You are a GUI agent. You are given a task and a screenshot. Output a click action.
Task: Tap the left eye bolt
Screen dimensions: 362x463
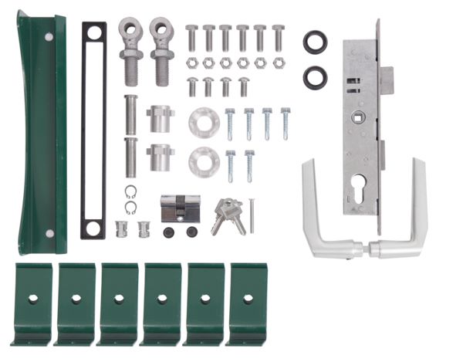coord(132,50)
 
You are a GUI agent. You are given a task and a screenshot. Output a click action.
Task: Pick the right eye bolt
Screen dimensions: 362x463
coord(161,50)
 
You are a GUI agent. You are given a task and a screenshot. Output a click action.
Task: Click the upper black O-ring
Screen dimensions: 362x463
coord(315,42)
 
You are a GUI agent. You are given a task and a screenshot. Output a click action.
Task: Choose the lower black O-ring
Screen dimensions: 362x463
coord(315,76)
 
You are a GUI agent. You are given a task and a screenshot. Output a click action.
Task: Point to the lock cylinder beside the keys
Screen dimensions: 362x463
coord(180,208)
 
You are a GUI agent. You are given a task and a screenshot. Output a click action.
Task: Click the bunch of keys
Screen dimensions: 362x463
coord(228,214)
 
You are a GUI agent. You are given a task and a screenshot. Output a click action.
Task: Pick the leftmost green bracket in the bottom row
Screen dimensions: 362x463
coord(32,303)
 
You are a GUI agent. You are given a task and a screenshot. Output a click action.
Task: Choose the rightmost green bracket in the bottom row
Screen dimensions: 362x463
coord(248,303)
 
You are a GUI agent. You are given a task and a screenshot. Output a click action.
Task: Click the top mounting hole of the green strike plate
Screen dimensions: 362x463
coord(49,36)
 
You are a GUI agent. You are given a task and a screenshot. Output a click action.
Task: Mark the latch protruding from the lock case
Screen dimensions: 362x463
coord(387,79)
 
